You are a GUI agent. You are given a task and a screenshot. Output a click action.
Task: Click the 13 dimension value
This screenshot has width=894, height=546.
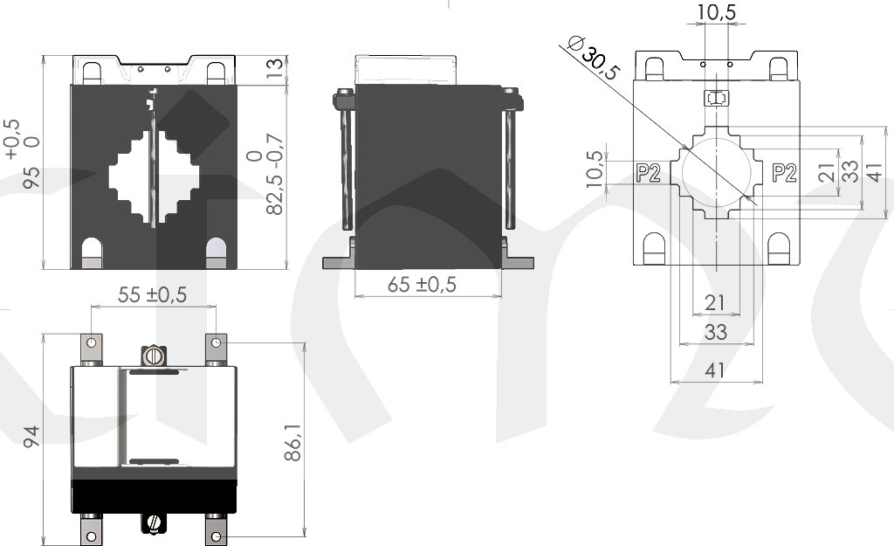pos(275,68)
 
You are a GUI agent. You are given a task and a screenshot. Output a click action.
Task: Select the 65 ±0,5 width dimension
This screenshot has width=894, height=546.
pos(422,284)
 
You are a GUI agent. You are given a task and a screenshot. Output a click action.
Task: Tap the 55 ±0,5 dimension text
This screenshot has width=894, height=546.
pos(152,294)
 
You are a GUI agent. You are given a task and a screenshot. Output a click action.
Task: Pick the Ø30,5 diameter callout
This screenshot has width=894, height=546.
pos(594,59)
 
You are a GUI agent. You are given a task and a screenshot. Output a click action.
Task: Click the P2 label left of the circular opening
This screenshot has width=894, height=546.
pos(648,173)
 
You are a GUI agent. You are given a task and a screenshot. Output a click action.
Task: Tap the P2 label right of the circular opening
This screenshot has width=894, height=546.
pos(784,173)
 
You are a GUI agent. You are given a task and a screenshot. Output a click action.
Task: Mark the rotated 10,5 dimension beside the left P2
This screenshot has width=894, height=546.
pos(594,169)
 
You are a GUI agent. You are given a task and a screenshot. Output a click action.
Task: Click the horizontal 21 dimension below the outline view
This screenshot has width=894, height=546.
pos(715,302)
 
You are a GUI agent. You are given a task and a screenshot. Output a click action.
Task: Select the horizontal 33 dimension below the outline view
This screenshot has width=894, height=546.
pos(716,331)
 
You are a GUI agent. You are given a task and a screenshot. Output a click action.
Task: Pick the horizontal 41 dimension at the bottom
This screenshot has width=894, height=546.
pos(715,370)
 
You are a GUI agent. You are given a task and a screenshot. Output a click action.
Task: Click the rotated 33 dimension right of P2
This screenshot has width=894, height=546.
pos(850,170)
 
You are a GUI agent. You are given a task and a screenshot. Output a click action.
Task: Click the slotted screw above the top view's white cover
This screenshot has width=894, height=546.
pos(153,356)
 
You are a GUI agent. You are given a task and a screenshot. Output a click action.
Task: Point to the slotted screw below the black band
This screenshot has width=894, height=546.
pos(153,522)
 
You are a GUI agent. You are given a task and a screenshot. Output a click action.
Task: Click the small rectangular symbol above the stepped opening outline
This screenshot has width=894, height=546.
pos(717,98)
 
